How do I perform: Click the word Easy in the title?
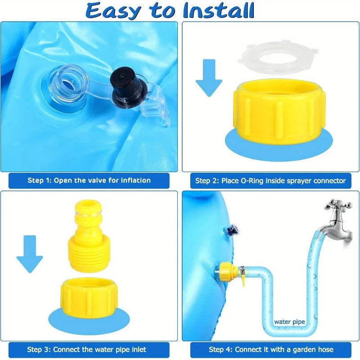(x=113, y=11)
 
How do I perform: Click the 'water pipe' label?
(x=289, y=322)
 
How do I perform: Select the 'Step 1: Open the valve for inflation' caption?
(x=89, y=180)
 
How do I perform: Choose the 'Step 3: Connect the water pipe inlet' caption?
(x=86, y=349)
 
